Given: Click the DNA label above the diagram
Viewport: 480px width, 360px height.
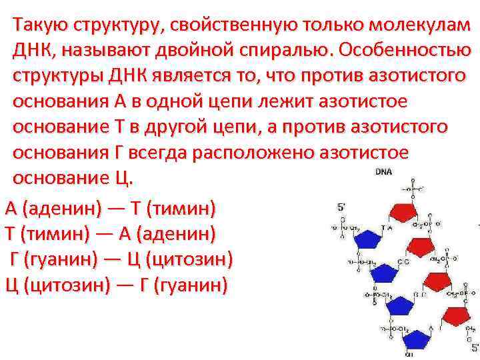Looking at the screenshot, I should pyautogui.click(x=384, y=171).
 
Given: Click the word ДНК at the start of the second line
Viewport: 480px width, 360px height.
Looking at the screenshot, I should pyautogui.click(x=31, y=51).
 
